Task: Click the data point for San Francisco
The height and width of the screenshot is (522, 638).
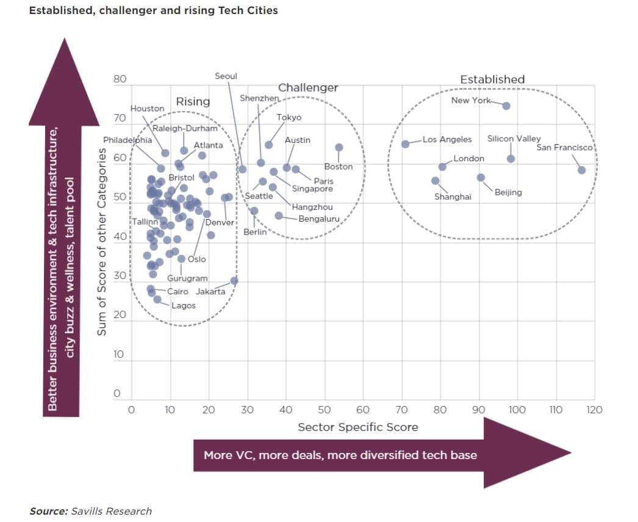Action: [581, 170]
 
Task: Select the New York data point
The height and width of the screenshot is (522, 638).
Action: [506, 106]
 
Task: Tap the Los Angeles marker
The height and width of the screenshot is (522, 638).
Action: [406, 143]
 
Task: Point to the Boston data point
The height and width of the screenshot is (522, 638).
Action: [339, 147]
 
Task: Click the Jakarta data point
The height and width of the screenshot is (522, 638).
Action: [234, 280]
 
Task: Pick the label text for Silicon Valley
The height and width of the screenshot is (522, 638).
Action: [514, 139]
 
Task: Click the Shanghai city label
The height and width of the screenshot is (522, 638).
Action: [453, 197]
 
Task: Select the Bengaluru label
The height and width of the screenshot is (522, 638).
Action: [319, 219]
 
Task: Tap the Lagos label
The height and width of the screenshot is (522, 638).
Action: [184, 305]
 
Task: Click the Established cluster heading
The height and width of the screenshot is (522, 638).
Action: [492, 79]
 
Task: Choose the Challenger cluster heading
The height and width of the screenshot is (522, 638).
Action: [308, 88]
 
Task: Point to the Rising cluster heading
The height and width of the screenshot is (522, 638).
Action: [193, 102]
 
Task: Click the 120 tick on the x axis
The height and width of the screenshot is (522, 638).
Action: [594, 410]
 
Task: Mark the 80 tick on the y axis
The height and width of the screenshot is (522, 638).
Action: [120, 79]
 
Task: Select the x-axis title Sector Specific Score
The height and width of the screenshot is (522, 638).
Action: [357, 427]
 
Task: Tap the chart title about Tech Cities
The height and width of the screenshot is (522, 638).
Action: [153, 10]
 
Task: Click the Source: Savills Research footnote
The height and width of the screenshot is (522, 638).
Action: [90, 511]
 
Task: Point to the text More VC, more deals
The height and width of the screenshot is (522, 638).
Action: [340, 455]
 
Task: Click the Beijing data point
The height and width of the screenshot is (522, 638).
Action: [481, 178]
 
